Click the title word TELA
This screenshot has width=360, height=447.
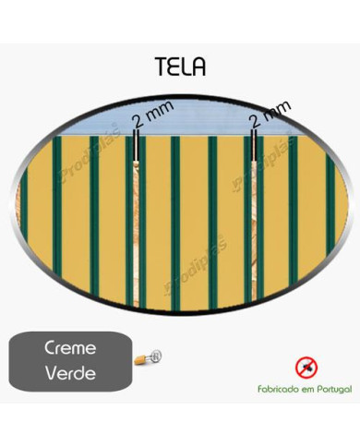[181, 66]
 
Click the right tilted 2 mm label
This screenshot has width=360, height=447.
[270, 116]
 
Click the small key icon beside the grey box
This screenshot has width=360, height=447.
[148, 356]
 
